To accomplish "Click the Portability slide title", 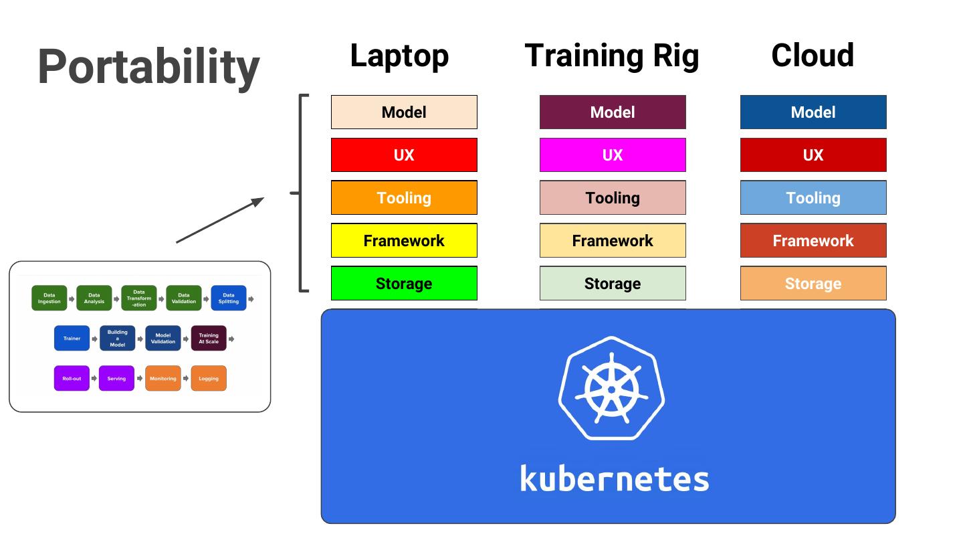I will pyautogui.click(x=148, y=67).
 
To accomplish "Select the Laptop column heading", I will pyautogui.click(x=399, y=56).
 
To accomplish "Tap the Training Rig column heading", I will pyautogui.click(x=612, y=56).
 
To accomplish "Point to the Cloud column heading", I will pyautogui.click(x=813, y=56).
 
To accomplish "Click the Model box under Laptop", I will pyautogui.click(x=404, y=112).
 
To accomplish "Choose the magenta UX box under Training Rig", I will pyautogui.click(x=613, y=155).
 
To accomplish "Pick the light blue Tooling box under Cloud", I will pyautogui.click(x=813, y=198).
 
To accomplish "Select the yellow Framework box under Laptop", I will pyautogui.click(x=404, y=241).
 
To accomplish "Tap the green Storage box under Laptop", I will pyautogui.click(x=404, y=284).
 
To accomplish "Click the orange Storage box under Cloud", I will pyautogui.click(x=813, y=284).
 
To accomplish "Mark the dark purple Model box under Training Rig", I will pyautogui.click(x=613, y=112).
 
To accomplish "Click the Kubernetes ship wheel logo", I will pyautogui.click(x=612, y=388).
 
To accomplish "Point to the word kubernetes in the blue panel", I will pyautogui.click(x=615, y=479).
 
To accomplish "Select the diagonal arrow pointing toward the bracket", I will pyautogui.click(x=220, y=220).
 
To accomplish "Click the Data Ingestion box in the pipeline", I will pyautogui.click(x=49, y=298).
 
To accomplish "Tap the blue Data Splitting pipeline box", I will pyautogui.click(x=229, y=298).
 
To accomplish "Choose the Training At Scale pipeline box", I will pyautogui.click(x=209, y=339).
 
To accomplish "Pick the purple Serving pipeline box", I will pyautogui.click(x=116, y=379).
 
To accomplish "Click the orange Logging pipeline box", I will pyautogui.click(x=209, y=379).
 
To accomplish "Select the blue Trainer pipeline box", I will pyautogui.click(x=72, y=339).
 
